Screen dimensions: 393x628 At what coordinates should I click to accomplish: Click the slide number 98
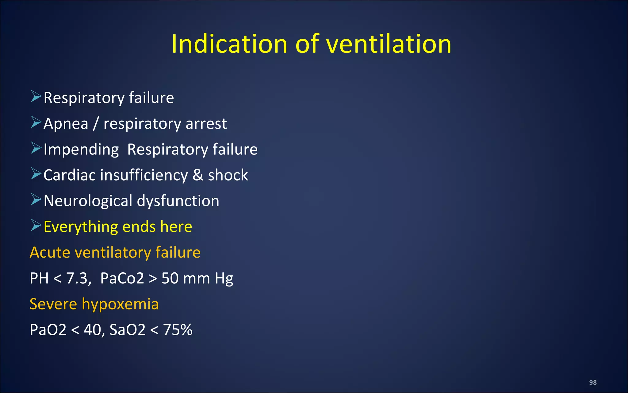[x=593, y=382]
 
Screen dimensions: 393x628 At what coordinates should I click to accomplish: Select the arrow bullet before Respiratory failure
[x=36, y=97]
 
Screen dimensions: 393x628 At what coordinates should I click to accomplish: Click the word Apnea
[x=66, y=124]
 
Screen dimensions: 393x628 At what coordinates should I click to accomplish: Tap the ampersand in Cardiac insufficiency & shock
[x=198, y=175]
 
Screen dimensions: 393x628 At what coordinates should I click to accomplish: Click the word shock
[x=228, y=175]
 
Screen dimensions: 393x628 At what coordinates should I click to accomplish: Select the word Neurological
[x=88, y=201]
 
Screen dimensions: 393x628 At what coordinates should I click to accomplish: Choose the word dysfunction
[x=178, y=201]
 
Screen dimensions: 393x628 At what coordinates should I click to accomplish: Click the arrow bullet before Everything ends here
[x=36, y=226]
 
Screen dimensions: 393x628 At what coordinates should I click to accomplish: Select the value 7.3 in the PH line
[x=78, y=278]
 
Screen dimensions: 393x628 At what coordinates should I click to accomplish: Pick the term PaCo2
[x=122, y=278]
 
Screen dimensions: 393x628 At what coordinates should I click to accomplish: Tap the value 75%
[x=178, y=330]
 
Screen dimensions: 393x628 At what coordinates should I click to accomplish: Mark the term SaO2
[x=127, y=330]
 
